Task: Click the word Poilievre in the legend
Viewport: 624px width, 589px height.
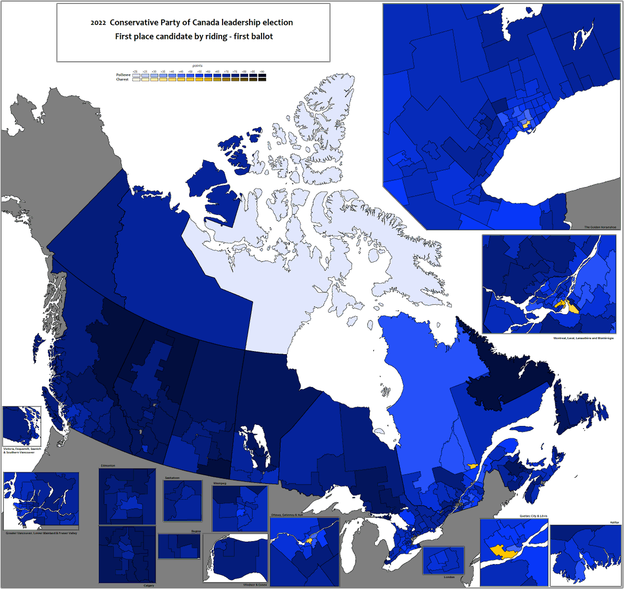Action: [x=123, y=75]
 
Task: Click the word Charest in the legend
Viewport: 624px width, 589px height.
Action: [x=122, y=79]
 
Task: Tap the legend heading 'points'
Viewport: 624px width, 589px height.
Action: [x=197, y=66]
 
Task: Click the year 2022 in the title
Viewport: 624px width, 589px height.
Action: [x=98, y=23]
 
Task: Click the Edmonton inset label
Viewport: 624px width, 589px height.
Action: [x=108, y=465]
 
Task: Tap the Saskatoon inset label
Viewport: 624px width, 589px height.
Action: [x=172, y=478]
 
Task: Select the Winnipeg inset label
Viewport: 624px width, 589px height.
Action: [x=219, y=483]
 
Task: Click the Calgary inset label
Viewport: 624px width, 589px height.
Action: [x=149, y=585]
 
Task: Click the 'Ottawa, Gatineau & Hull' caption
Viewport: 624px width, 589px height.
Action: [x=287, y=515]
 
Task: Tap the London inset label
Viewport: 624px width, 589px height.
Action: [x=449, y=577]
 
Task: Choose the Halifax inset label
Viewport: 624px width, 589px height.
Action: [x=615, y=523]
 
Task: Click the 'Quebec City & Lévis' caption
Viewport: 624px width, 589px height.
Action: [x=533, y=516]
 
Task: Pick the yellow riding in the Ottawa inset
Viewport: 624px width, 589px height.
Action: [x=309, y=541]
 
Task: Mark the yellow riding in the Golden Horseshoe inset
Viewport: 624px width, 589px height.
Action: [x=526, y=125]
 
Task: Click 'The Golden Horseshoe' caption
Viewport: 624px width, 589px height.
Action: [x=600, y=227]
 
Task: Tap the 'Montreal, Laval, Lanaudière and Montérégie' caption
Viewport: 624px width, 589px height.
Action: [x=583, y=338]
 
